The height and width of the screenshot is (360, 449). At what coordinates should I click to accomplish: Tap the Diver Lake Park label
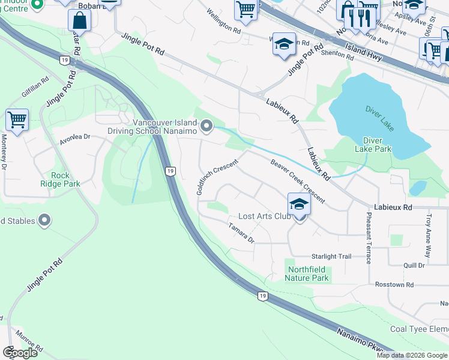pyautogui.click(x=373, y=145)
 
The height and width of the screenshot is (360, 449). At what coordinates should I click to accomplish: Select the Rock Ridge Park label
pyautogui.click(x=60, y=179)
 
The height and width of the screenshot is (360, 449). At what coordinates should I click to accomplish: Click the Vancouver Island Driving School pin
pyautogui.click(x=206, y=126)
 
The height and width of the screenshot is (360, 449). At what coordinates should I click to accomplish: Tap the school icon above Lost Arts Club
pyautogui.click(x=298, y=204)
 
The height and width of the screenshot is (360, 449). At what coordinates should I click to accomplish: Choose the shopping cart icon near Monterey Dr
pyautogui.click(x=17, y=119)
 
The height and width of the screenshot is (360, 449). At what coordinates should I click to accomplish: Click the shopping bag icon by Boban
pyautogui.click(x=79, y=22)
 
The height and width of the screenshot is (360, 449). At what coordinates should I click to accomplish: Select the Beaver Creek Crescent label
pyautogui.click(x=297, y=181)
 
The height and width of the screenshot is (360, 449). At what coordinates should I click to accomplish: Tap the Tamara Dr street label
pyautogui.click(x=241, y=233)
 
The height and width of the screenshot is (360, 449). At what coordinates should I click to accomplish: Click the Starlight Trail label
pyautogui.click(x=331, y=256)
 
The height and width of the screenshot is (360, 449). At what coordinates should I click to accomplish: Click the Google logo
pyautogui.click(x=20, y=352)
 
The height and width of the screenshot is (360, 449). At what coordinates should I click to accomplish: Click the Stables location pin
pyautogui.click(x=44, y=221)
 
